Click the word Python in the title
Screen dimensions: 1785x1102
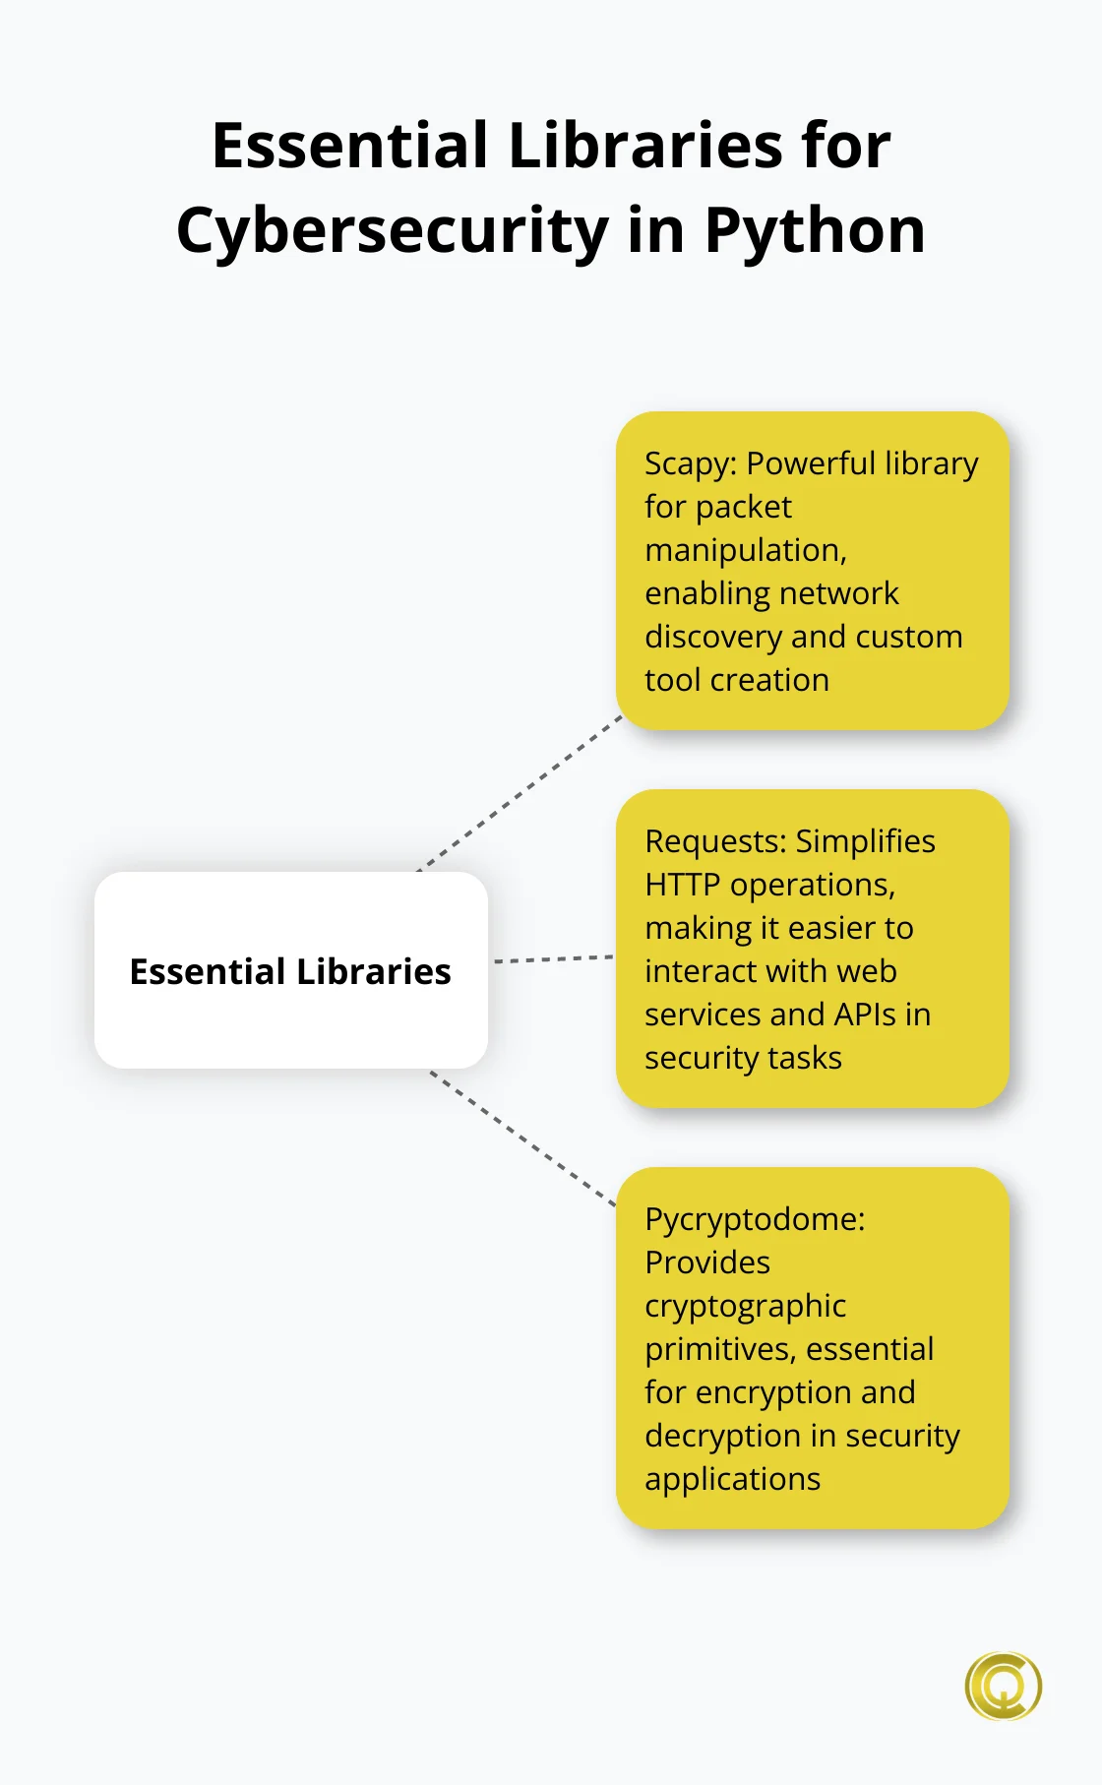tap(815, 231)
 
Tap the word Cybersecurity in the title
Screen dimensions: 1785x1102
tap(393, 231)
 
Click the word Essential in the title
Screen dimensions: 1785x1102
tap(349, 146)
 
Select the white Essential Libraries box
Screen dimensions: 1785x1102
tap(290, 970)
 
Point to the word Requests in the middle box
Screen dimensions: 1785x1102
tap(715, 841)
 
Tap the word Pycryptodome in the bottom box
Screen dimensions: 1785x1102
tap(754, 1219)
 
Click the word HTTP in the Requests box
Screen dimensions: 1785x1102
tap(682, 885)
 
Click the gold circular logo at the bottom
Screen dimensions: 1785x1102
tap(1003, 1686)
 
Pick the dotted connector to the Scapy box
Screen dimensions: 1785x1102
tap(521, 794)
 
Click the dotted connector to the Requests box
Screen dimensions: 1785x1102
tap(553, 958)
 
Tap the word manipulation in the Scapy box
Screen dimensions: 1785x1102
tap(745, 550)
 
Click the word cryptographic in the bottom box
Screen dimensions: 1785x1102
tap(745, 1306)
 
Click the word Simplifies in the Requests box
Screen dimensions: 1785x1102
tap(865, 841)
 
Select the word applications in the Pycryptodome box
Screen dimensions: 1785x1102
tap(732, 1479)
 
